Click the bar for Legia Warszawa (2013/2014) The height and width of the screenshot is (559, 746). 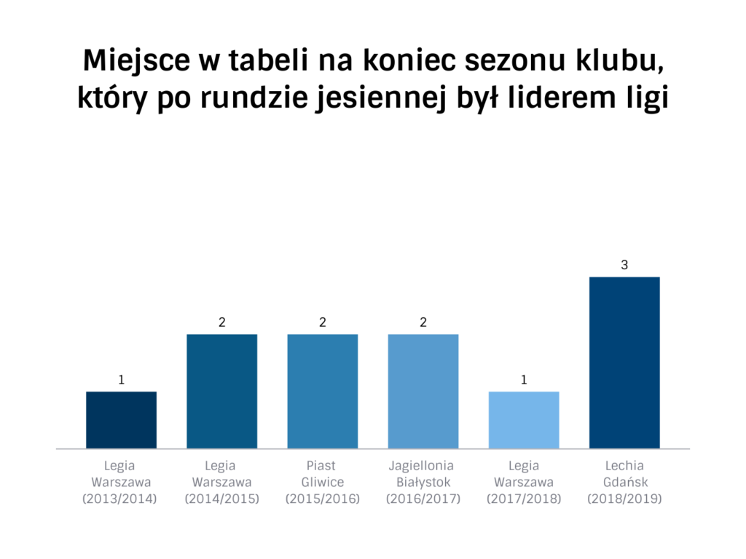[x=121, y=420]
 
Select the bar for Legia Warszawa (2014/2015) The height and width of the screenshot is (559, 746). [x=221, y=391]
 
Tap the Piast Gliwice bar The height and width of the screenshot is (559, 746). [x=323, y=391]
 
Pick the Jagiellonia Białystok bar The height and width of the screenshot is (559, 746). [x=423, y=391]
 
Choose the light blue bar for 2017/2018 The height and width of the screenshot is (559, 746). [x=524, y=420]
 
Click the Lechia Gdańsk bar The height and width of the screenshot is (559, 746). [x=624, y=362]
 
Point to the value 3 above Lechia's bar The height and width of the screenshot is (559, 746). [x=624, y=266]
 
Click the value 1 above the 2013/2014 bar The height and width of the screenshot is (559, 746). [x=122, y=380]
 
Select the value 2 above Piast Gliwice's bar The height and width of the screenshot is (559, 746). [x=323, y=322]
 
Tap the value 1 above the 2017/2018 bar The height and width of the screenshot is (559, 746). [x=524, y=380]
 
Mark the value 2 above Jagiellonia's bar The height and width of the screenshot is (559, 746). [x=423, y=322]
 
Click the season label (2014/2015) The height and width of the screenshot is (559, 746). [x=221, y=499]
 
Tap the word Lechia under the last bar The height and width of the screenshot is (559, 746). [x=624, y=465]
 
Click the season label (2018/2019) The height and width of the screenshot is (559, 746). [x=624, y=499]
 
